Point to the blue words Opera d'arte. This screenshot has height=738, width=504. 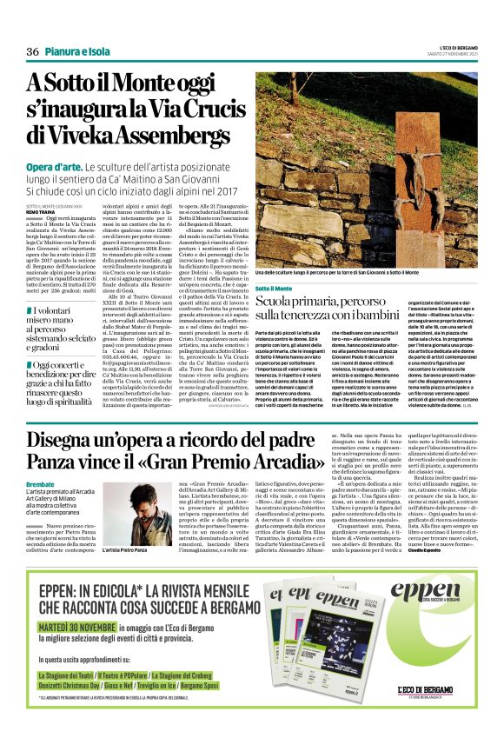coord(53,166)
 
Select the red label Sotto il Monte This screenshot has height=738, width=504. coord(274,288)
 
